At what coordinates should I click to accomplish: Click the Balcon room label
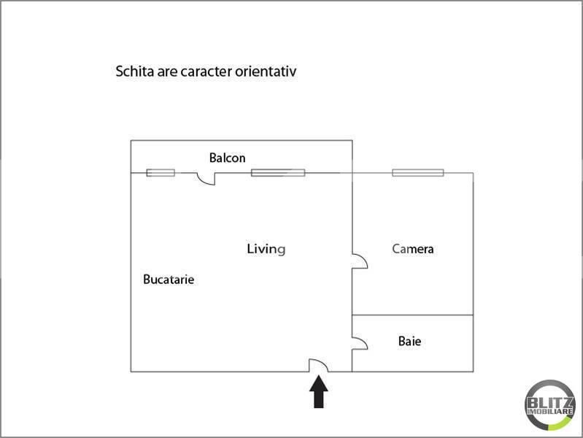tap(227, 158)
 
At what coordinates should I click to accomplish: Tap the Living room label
tap(266, 249)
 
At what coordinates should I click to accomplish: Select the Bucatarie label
tap(169, 279)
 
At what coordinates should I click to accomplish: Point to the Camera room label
tap(413, 249)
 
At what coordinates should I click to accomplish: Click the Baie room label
tap(409, 341)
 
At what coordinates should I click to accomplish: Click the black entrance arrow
tap(319, 391)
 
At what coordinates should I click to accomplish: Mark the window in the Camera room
tap(418, 172)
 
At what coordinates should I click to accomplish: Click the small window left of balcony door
tap(161, 172)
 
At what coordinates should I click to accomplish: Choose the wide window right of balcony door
tap(278, 172)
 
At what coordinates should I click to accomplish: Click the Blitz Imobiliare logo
tap(550, 405)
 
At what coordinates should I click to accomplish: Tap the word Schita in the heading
tap(134, 71)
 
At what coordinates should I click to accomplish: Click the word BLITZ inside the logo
tap(550, 403)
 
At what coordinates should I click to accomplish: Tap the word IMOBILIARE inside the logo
tap(550, 412)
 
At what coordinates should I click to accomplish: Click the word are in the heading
tap(167, 72)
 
